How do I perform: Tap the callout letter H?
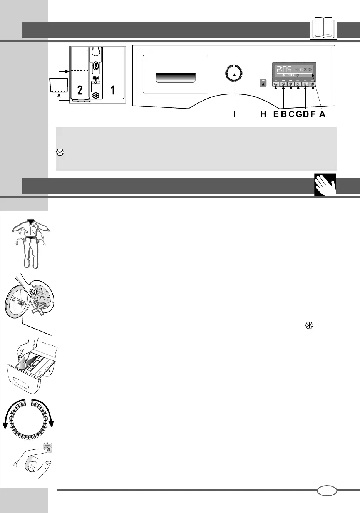pos(263,114)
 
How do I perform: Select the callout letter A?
pos(322,114)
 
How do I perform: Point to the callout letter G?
pos(298,114)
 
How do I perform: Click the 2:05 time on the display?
pos(283,69)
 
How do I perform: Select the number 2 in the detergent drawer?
pos(80,90)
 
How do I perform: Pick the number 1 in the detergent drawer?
pos(112,90)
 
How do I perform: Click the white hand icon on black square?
pos(325,184)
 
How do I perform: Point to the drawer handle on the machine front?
pos(176,77)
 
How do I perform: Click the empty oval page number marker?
pos(327,491)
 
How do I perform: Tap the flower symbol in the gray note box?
pos(60,153)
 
